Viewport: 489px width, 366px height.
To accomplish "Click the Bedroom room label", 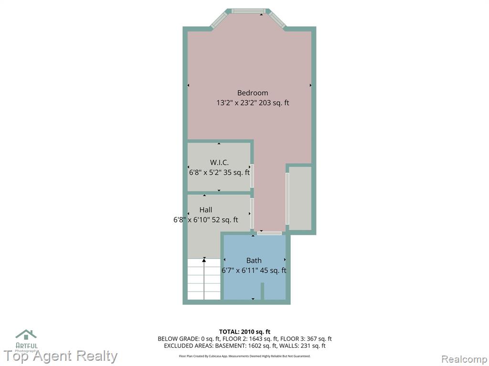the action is [x=252, y=93].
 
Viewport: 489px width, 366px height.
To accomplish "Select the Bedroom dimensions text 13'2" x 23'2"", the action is [x=237, y=103].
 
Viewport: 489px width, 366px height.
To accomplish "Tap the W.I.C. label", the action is [x=219, y=162].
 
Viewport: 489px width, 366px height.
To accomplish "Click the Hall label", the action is [x=206, y=210].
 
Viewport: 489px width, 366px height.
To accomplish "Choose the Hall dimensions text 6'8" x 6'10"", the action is [x=191, y=220].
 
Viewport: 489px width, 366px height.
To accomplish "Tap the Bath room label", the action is [x=254, y=260].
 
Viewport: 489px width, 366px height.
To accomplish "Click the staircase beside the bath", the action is [x=204, y=279].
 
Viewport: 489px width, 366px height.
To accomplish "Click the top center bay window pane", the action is [x=248, y=11].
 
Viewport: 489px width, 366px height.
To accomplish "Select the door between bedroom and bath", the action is [x=269, y=233].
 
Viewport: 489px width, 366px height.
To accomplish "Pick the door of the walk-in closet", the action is [x=252, y=175].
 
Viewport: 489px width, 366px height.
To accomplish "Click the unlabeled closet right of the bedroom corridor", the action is [x=300, y=198].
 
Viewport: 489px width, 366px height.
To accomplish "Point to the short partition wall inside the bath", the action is [x=262, y=291].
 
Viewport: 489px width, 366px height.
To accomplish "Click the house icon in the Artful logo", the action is [x=26, y=335].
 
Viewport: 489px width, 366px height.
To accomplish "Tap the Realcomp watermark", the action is [x=464, y=359].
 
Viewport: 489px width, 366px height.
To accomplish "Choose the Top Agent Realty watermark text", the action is [x=61, y=356].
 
